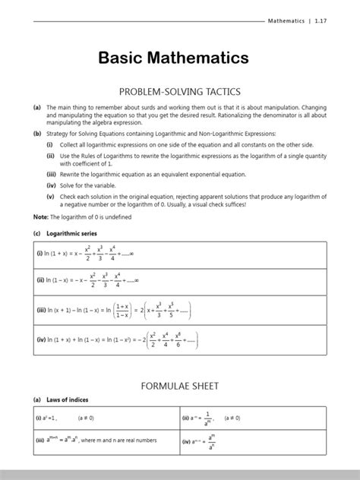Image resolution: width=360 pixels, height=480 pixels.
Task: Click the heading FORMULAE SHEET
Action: tap(180, 386)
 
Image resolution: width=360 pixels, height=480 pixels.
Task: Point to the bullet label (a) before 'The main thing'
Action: tap(36, 108)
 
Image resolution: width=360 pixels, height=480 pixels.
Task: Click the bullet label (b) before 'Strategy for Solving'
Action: tap(36, 134)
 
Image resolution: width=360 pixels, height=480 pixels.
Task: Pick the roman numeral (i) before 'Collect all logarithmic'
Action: tap(50, 144)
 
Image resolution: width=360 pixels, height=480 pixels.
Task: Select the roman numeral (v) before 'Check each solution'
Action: tap(50, 195)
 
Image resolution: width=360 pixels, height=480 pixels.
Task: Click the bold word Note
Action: tap(39, 217)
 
